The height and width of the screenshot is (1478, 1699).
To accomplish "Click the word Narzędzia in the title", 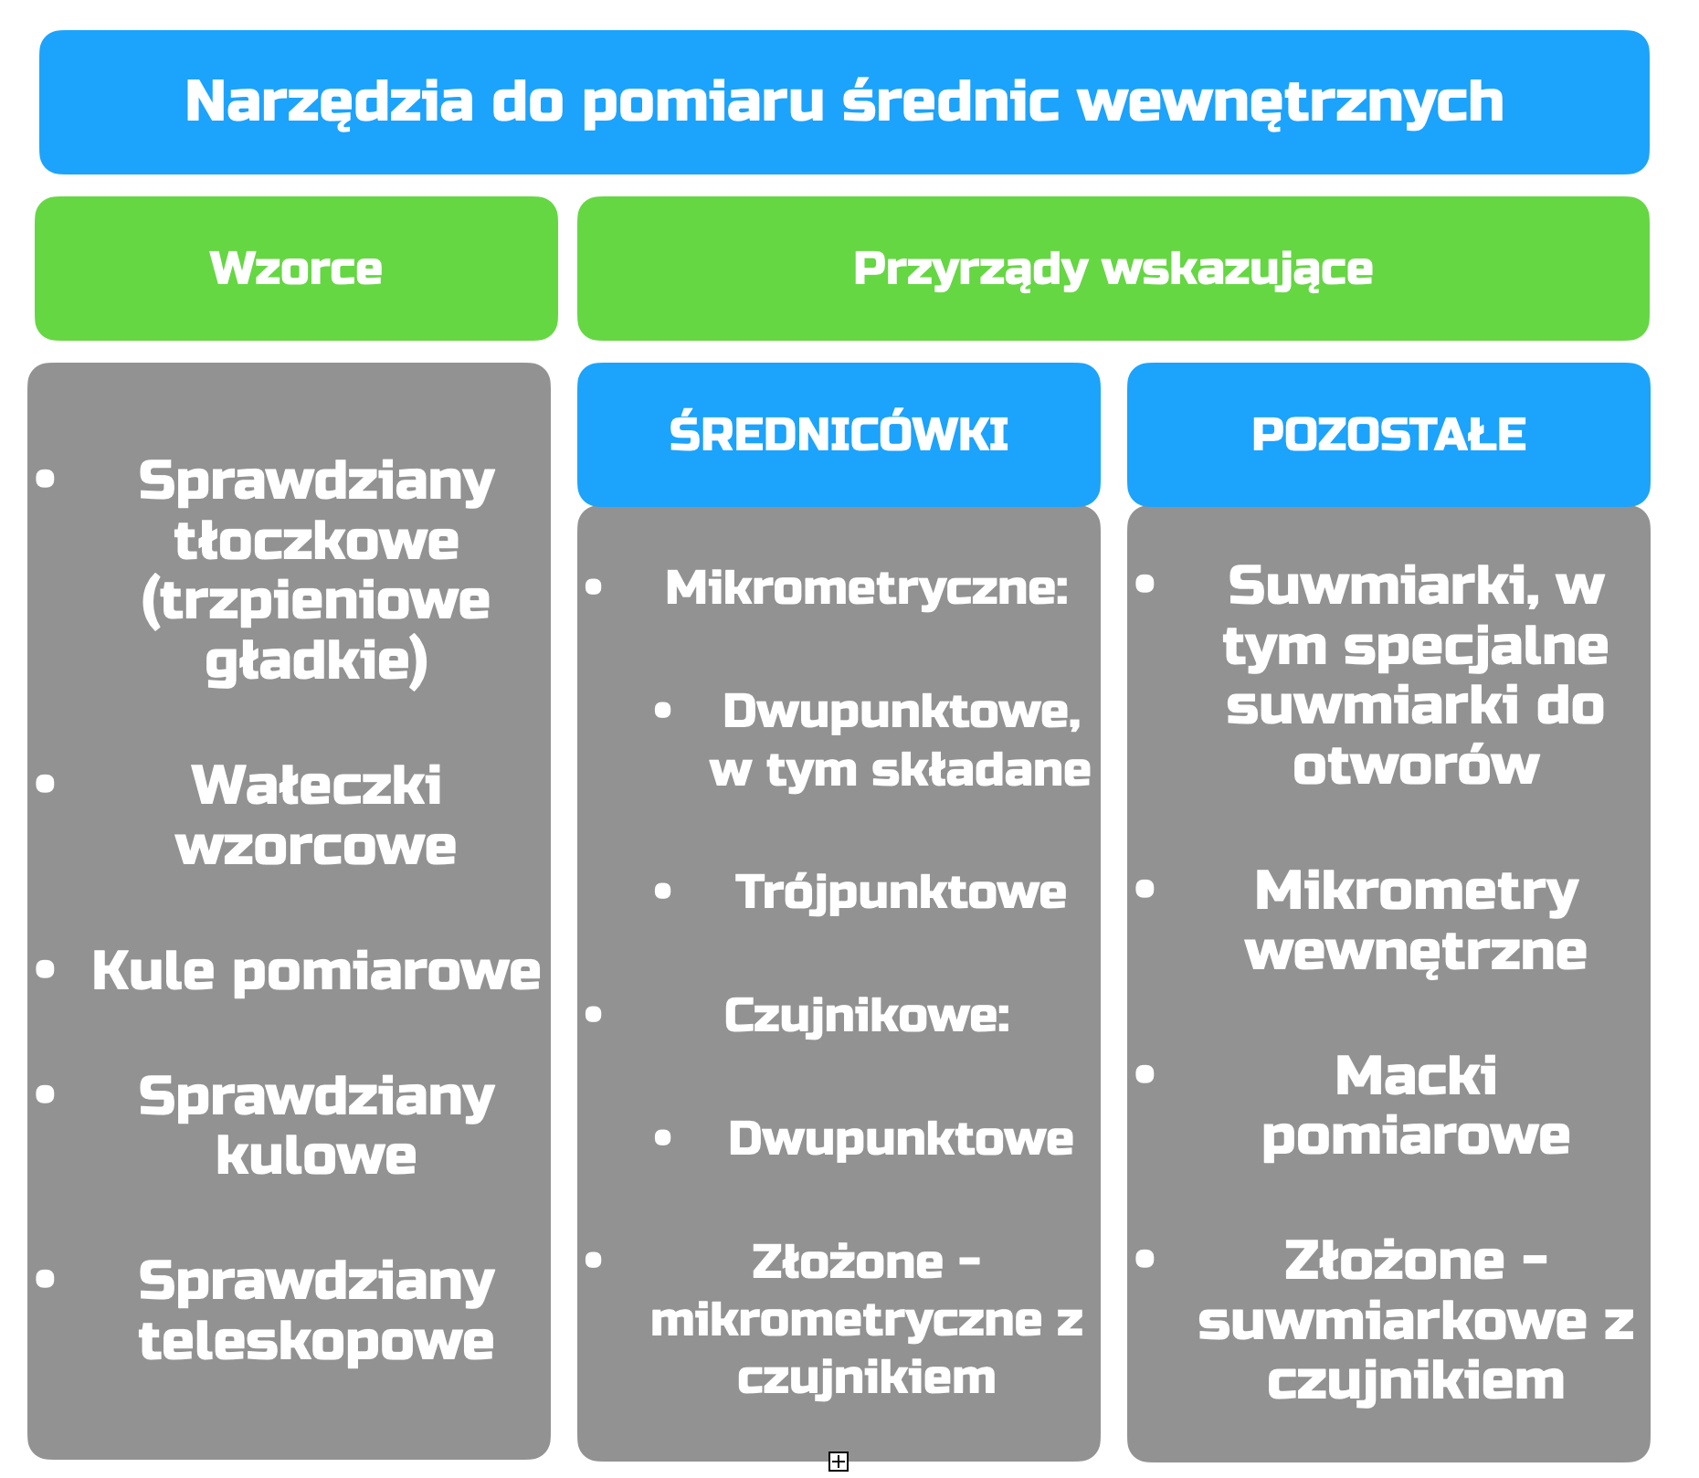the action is tap(330, 102).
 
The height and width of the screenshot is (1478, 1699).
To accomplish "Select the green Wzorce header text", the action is tap(296, 269).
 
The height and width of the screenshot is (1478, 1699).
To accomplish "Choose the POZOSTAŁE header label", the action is tap(1388, 435).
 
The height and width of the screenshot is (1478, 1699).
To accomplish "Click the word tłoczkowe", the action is tap(316, 541).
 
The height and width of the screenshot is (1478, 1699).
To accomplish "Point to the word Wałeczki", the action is tap(316, 786).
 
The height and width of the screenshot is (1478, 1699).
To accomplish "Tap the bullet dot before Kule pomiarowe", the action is tap(46, 968).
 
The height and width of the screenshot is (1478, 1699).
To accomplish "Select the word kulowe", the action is tap(316, 1156).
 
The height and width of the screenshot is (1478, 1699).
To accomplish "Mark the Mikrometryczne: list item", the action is tap(866, 588).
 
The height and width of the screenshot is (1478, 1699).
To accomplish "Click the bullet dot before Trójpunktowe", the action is tap(663, 891).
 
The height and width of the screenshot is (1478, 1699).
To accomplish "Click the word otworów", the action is tap(1416, 765).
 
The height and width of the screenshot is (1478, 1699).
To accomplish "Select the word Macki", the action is tap(1416, 1076).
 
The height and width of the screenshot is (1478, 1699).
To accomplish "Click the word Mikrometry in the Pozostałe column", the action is tap(1416, 892).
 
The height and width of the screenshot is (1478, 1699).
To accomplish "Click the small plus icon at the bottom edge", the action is tap(839, 1462).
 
